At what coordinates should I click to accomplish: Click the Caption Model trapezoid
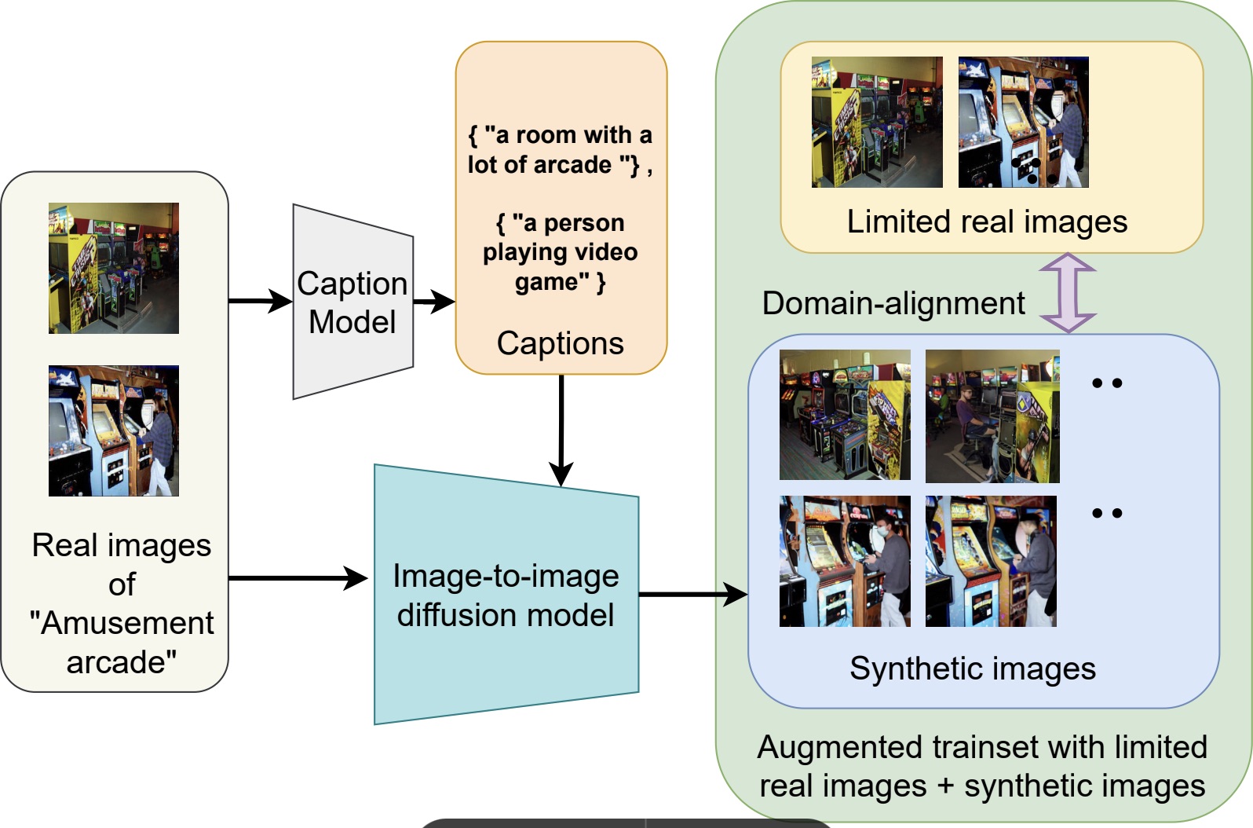[353, 302]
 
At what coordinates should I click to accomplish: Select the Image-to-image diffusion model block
[506, 595]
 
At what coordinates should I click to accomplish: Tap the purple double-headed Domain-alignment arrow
[1068, 293]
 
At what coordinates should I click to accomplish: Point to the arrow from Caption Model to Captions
[433, 301]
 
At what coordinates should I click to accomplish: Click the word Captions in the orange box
[561, 343]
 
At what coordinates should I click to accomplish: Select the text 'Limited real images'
[987, 222]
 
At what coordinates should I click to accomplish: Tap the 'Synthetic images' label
[972, 669]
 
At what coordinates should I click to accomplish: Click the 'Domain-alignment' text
[893, 303]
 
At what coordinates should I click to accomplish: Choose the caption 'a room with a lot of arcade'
[560, 150]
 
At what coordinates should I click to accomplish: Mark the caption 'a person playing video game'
[560, 252]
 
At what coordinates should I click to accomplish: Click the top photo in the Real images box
[114, 268]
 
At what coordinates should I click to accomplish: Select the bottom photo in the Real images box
[114, 430]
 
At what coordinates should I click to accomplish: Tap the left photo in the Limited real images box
[877, 122]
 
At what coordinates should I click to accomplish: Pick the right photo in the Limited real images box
[1023, 122]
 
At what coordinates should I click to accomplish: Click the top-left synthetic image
[845, 415]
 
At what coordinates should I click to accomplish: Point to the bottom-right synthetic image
[991, 561]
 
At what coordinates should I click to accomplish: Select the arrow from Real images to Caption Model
[260, 301]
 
